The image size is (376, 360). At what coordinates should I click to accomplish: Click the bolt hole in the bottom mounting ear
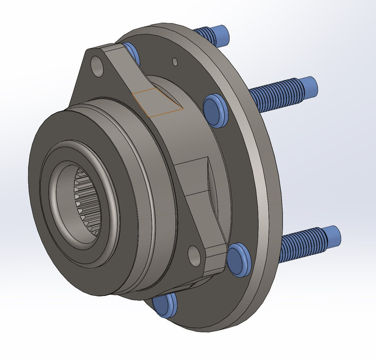pyautogui.click(x=194, y=255)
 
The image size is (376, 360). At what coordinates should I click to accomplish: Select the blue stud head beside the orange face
pyautogui.click(x=214, y=105)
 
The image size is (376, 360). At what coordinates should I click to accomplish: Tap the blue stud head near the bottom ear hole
pyautogui.click(x=239, y=260)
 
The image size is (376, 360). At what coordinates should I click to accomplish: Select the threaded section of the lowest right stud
pyautogui.click(x=301, y=243)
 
